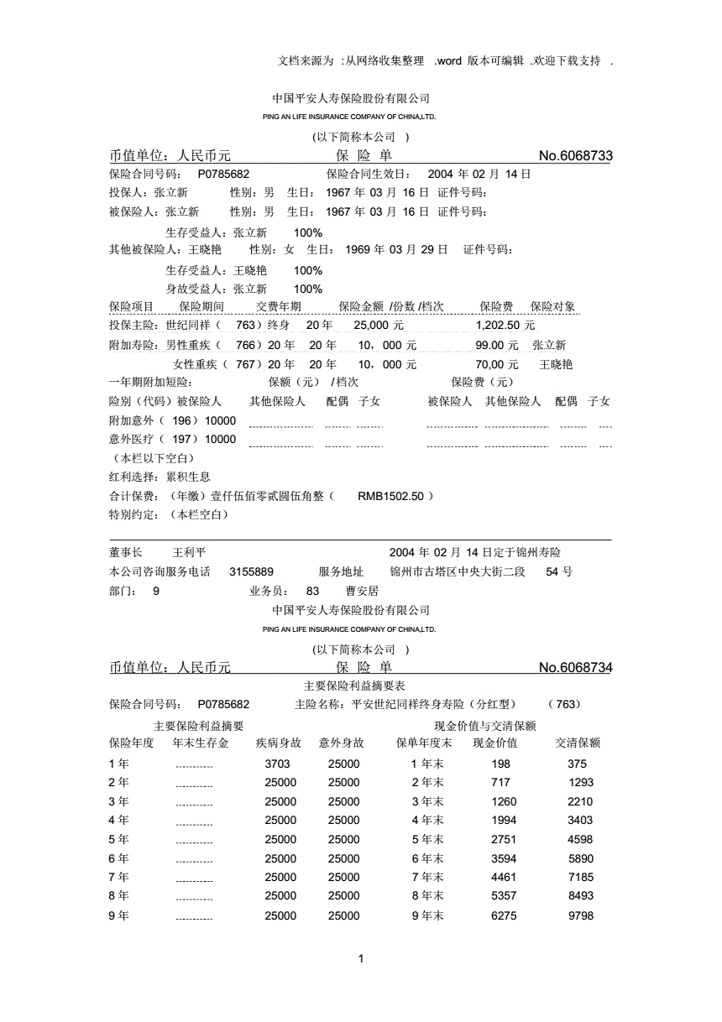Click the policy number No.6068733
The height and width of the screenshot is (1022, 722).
(x=575, y=156)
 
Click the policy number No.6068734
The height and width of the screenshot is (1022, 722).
(x=575, y=668)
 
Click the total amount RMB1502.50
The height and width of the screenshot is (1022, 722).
(x=391, y=496)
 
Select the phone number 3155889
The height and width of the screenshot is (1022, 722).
(x=251, y=571)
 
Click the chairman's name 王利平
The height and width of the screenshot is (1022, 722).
(x=189, y=553)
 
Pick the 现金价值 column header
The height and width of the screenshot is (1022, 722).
(x=494, y=743)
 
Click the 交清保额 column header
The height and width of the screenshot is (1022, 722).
(x=578, y=743)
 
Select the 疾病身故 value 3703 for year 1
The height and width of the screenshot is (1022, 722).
(x=277, y=764)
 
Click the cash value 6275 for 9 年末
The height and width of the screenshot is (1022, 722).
(x=503, y=915)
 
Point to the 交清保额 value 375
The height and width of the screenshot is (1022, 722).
(x=577, y=764)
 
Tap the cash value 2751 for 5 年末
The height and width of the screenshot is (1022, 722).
(x=503, y=839)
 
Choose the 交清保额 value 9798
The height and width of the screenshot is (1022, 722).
(x=580, y=915)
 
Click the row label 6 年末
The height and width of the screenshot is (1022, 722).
(x=427, y=858)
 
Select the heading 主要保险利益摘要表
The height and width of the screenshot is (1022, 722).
(x=361, y=686)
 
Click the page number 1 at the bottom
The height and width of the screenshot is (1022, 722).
(x=360, y=959)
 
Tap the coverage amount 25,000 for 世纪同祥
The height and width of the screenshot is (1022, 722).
(x=379, y=326)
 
